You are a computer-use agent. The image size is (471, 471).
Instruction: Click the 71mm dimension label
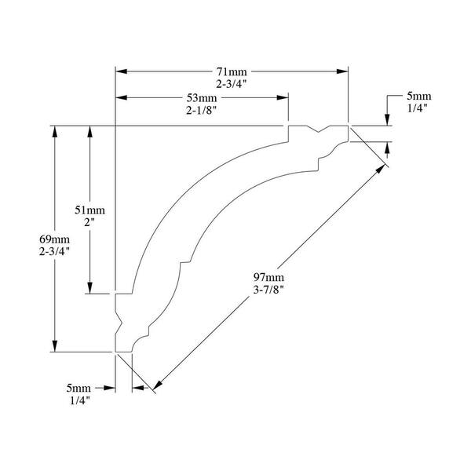pyautogui.click(x=232, y=71)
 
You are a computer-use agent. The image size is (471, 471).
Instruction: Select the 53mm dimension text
pyautogui.click(x=202, y=98)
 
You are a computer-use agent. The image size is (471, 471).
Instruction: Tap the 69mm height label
pyautogui.click(x=54, y=239)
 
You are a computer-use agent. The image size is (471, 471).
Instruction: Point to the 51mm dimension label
pyautogui.click(x=89, y=210)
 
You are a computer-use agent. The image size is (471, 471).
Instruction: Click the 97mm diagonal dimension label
pyautogui.click(x=268, y=277)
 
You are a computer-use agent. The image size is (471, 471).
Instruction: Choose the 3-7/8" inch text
pyautogui.click(x=268, y=290)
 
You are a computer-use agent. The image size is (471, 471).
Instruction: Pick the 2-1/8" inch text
pyautogui.click(x=202, y=111)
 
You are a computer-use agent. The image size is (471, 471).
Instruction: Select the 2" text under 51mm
pyautogui.click(x=89, y=223)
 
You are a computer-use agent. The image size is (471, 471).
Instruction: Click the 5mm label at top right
pyautogui.click(x=419, y=96)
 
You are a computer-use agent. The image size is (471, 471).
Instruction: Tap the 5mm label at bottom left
pyautogui.click(x=78, y=388)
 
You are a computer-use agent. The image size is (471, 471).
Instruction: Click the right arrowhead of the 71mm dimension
pyautogui.click(x=342, y=71)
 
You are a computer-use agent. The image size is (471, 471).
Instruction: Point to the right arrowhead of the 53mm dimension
pyautogui.click(x=283, y=97)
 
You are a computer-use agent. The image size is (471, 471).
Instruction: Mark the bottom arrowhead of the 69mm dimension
pyautogui.click(x=55, y=345)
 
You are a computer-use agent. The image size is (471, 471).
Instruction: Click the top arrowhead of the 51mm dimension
pyautogui.click(x=89, y=132)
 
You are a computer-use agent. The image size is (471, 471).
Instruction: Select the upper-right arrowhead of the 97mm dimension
pyautogui.click(x=381, y=169)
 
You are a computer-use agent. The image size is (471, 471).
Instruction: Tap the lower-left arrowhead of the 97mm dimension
pyautogui.click(x=158, y=385)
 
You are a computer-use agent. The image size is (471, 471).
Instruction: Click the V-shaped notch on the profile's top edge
pyautogui.click(x=319, y=130)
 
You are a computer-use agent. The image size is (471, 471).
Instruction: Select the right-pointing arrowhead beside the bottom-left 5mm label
pyautogui.click(x=110, y=388)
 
